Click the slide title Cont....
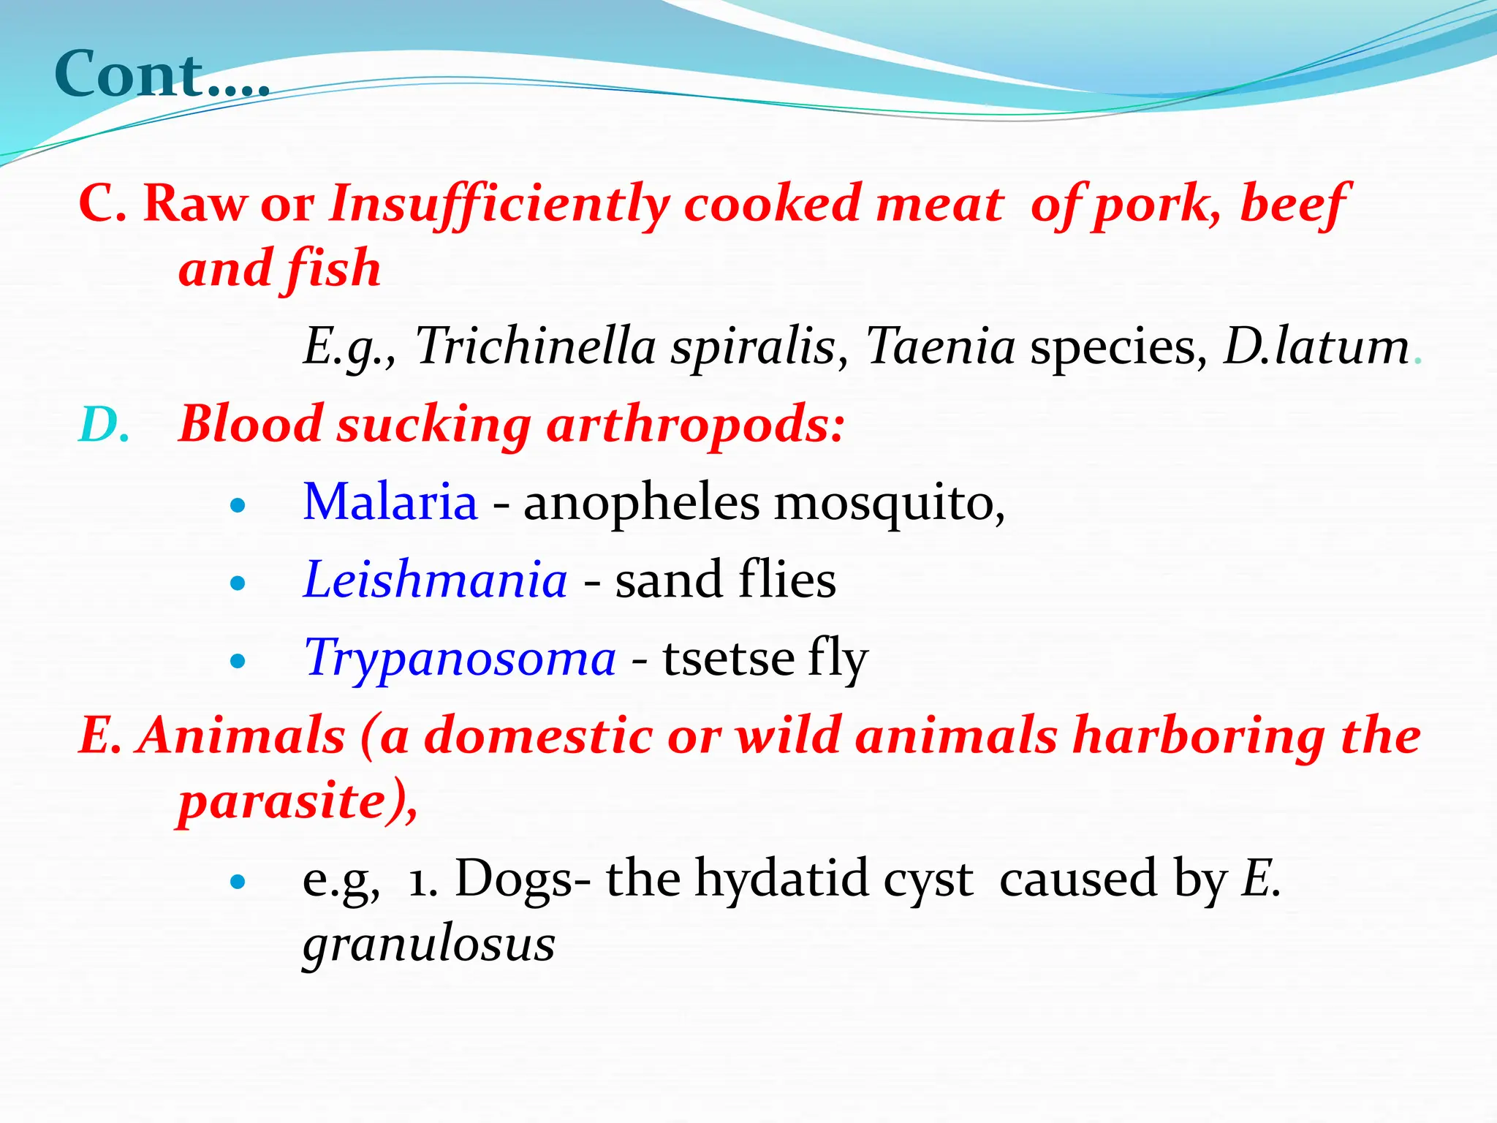pos(162,75)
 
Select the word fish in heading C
pos(333,269)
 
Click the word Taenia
pos(940,346)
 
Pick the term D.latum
pos(1316,346)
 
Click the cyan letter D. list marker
pos(103,426)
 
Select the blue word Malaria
pos(390,503)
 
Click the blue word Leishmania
pos(435,580)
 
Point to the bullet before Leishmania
pos(238,584)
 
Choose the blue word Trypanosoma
pos(460,658)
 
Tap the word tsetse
pos(727,658)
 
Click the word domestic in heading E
pos(538,736)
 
